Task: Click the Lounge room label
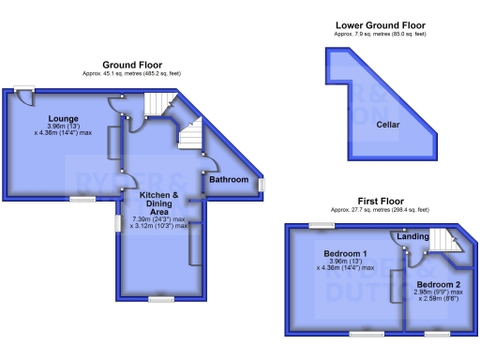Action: click(64, 118)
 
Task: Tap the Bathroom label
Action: click(229, 179)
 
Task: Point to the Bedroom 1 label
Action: click(345, 254)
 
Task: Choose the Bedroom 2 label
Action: click(439, 284)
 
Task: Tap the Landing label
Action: click(413, 236)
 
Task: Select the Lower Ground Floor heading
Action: click(380, 24)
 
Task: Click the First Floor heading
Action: click(380, 201)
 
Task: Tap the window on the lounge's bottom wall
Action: click(82, 199)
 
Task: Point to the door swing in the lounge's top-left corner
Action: click(22, 97)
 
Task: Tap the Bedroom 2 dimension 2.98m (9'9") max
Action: click(439, 292)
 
